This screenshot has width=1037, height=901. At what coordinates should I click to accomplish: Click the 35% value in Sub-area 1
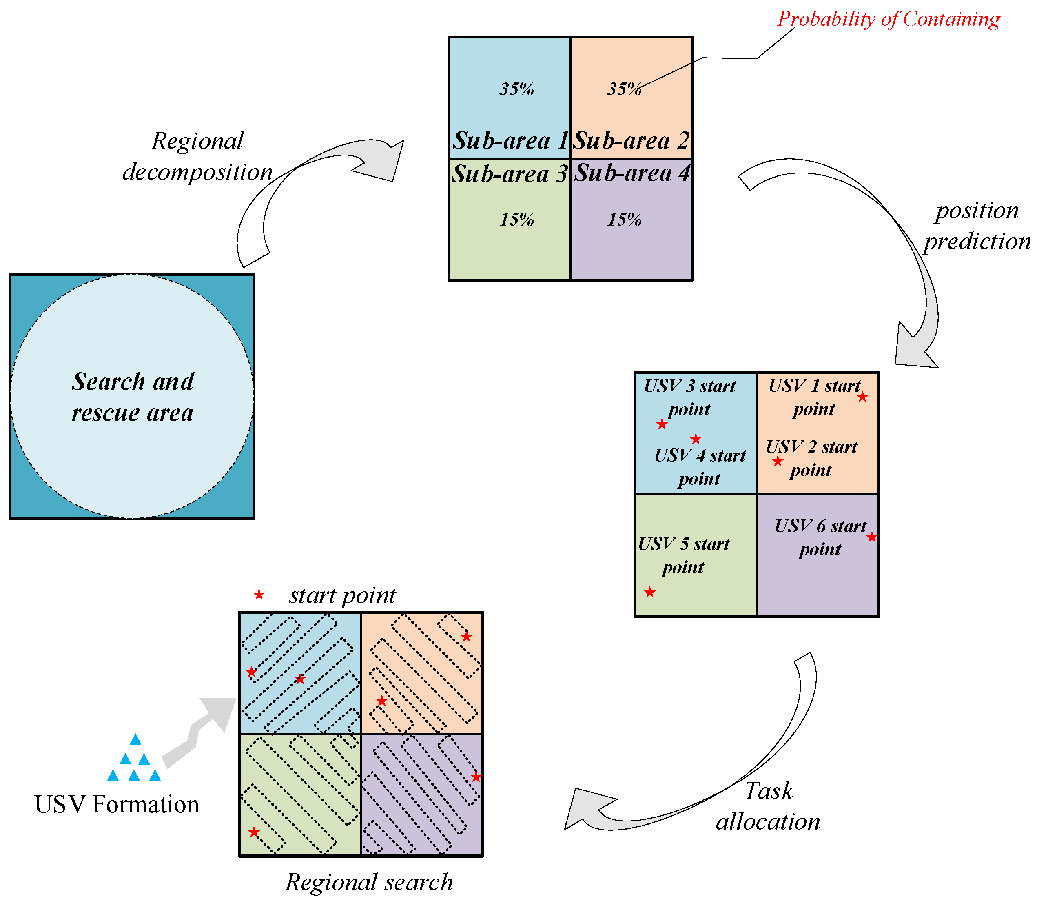click(x=516, y=89)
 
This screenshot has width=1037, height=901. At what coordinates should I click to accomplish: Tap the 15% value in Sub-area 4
click(x=624, y=219)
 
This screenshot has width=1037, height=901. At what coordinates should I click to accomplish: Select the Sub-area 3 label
click(x=509, y=174)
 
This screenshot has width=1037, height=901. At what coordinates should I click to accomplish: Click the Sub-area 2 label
click(x=632, y=140)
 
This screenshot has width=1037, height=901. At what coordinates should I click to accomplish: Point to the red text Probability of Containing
click(x=888, y=19)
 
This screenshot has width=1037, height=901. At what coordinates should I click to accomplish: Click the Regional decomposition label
click(x=197, y=156)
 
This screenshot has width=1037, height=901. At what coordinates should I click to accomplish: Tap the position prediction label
click(x=977, y=226)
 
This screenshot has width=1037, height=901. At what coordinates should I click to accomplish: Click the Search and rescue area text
click(x=132, y=397)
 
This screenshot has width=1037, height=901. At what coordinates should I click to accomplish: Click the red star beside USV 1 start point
click(x=862, y=397)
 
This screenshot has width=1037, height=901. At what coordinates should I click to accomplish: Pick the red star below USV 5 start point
click(x=650, y=592)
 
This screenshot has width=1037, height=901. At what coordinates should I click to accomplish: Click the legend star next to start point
click(x=259, y=595)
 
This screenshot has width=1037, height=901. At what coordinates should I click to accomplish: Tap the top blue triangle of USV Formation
click(x=135, y=739)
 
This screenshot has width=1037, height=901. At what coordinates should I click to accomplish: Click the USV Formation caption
click(x=117, y=804)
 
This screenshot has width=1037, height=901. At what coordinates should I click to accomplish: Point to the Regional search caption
click(x=369, y=882)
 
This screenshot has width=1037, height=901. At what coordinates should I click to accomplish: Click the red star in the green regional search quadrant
click(x=254, y=832)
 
